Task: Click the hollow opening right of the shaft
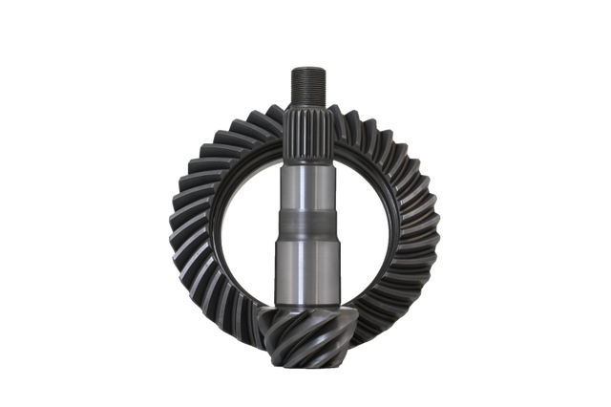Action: click(x=363, y=229)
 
